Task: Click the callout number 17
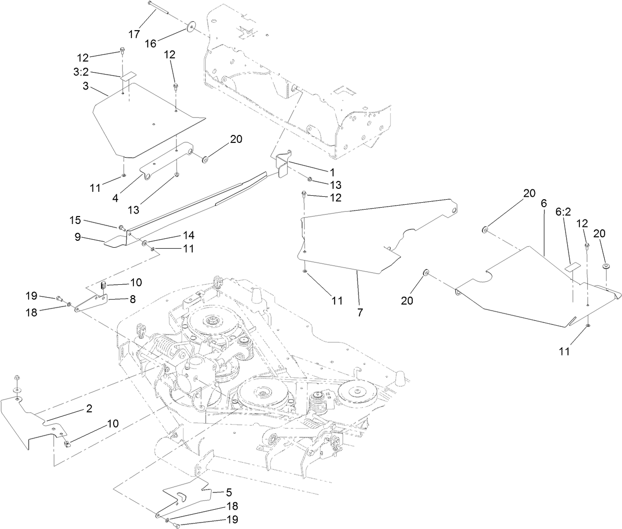pyautogui.click(x=134, y=34)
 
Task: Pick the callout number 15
pyautogui.click(x=75, y=220)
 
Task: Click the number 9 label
pyautogui.click(x=78, y=237)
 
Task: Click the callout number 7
pyautogui.click(x=360, y=312)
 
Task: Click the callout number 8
pyautogui.click(x=132, y=299)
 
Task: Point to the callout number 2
pyautogui.click(x=89, y=408)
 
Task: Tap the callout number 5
pyautogui.click(x=228, y=492)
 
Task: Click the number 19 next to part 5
pyautogui.click(x=231, y=520)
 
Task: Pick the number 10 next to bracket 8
pyautogui.click(x=136, y=282)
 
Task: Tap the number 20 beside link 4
pyautogui.click(x=236, y=139)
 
